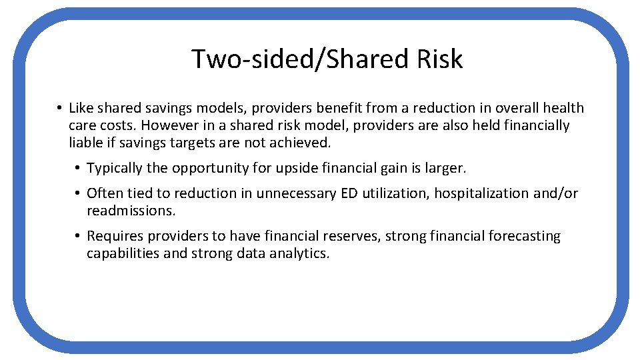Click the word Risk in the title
tap(439, 59)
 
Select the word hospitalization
tap(469, 193)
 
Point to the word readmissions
tap(130, 211)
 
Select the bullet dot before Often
tap(78, 193)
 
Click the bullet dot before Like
tap(59, 108)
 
